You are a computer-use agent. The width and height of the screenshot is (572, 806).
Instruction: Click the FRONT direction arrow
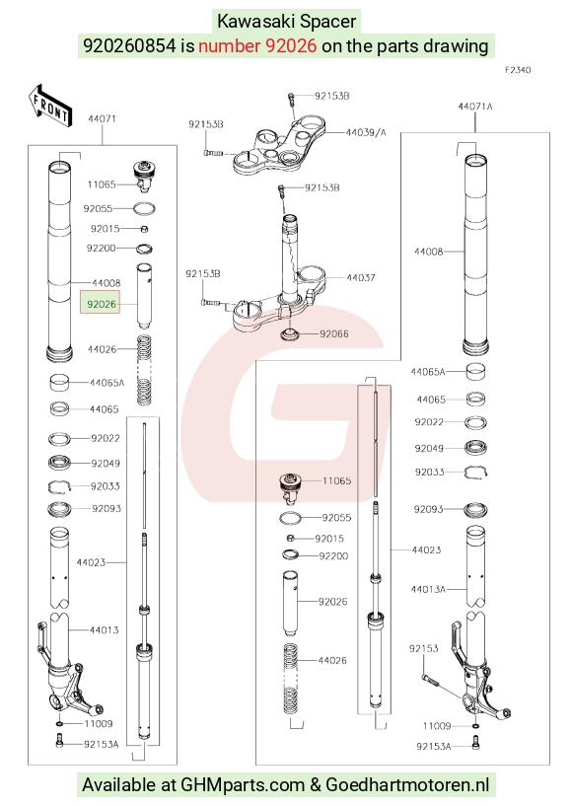pyautogui.click(x=50, y=106)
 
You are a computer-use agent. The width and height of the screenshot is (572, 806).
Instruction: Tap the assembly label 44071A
pyautogui.click(x=475, y=107)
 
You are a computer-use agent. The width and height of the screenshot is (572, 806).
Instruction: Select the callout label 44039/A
pyautogui.click(x=366, y=132)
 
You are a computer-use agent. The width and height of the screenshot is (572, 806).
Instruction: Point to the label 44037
pyautogui.click(x=361, y=277)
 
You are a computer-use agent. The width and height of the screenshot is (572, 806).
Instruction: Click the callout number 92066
pyautogui.click(x=334, y=334)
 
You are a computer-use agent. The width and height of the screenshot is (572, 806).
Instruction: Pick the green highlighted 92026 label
pyautogui.click(x=101, y=304)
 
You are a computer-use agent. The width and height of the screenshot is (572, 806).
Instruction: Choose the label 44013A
pyautogui.click(x=428, y=589)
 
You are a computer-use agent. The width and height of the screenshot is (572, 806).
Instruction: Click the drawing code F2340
pyautogui.click(x=517, y=70)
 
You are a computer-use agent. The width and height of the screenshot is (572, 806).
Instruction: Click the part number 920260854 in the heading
pyautogui.click(x=129, y=45)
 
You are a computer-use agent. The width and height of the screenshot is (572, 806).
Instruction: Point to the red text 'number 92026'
pyautogui.click(x=257, y=45)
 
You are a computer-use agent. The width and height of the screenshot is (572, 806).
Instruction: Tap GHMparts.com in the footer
pyautogui.click(x=243, y=785)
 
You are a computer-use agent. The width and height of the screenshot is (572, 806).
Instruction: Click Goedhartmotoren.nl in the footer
pyautogui.click(x=407, y=785)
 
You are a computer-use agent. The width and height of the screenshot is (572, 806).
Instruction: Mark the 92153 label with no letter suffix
pyautogui.click(x=423, y=649)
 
